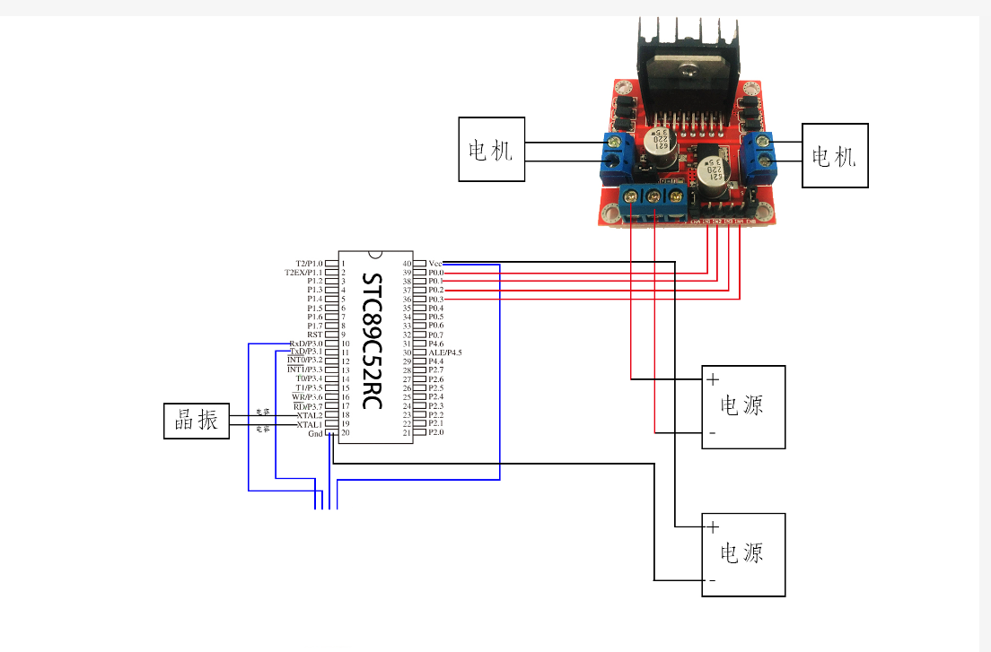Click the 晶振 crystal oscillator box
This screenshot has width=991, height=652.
[x=197, y=421]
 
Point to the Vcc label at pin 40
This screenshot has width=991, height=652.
[x=435, y=263]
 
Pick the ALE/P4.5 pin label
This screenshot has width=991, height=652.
[x=444, y=352]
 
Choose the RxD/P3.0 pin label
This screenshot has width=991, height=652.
[x=306, y=343]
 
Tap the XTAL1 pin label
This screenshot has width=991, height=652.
[x=309, y=424]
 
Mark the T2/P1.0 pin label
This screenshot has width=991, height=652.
[x=306, y=263]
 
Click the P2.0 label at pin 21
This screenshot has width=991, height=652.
[x=435, y=432]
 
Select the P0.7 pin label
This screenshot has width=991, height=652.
[x=435, y=335]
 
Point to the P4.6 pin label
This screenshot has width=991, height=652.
[x=435, y=343]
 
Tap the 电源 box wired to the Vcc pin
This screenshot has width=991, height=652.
[x=743, y=554]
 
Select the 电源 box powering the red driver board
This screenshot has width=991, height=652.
[x=743, y=406]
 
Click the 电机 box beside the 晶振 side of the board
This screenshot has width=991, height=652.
[x=491, y=149]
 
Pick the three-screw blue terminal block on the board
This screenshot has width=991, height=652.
[x=653, y=196]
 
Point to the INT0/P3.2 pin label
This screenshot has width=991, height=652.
[x=304, y=361]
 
